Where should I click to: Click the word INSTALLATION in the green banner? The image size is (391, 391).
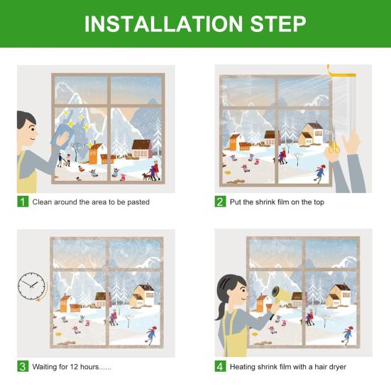(x=163, y=24)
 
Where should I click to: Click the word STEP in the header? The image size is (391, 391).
(x=278, y=24)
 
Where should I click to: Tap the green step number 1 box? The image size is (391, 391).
(x=23, y=202)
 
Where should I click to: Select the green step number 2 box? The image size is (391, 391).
(x=220, y=202)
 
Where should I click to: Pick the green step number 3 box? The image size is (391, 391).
(x=23, y=366)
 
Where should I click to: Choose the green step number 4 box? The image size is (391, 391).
(x=220, y=366)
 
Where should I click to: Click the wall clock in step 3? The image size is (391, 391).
(x=32, y=286)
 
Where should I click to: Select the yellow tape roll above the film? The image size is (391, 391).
(x=341, y=72)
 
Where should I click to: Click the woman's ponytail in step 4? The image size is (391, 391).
(x=221, y=310)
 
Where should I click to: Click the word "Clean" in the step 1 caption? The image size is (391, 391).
(x=42, y=202)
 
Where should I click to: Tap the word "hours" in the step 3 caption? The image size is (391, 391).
(x=89, y=367)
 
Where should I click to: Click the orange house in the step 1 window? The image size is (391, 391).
(x=95, y=154)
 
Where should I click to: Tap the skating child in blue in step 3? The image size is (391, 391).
(x=151, y=335)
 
